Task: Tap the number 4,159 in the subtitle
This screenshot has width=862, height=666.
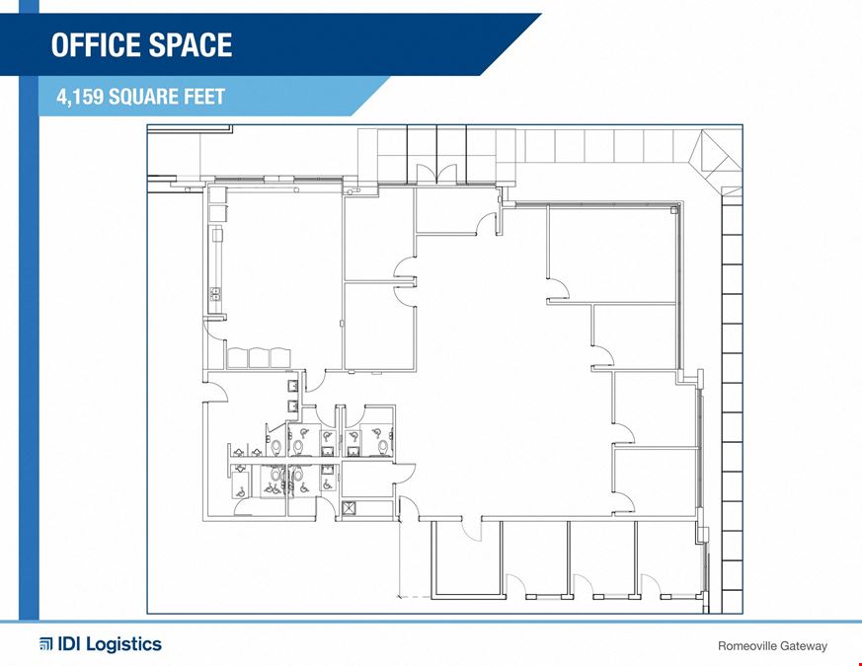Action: coord(80,97)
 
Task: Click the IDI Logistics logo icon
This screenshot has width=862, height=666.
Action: coord(45,644)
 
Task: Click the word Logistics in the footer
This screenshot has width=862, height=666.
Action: coord(124,644)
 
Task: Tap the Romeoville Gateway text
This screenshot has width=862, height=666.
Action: coord(772,646)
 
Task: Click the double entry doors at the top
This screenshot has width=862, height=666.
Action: coord(436,174)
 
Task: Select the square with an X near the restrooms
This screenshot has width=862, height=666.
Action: coord(349,508)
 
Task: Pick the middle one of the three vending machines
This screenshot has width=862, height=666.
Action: coord(259,358)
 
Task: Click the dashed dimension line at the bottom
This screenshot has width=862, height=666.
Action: coord(415,596)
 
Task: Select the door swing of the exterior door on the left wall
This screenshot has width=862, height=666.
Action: coord(216,392)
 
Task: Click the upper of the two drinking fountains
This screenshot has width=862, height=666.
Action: coord(293,386)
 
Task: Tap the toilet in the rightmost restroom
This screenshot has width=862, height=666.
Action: coord(382,446)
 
